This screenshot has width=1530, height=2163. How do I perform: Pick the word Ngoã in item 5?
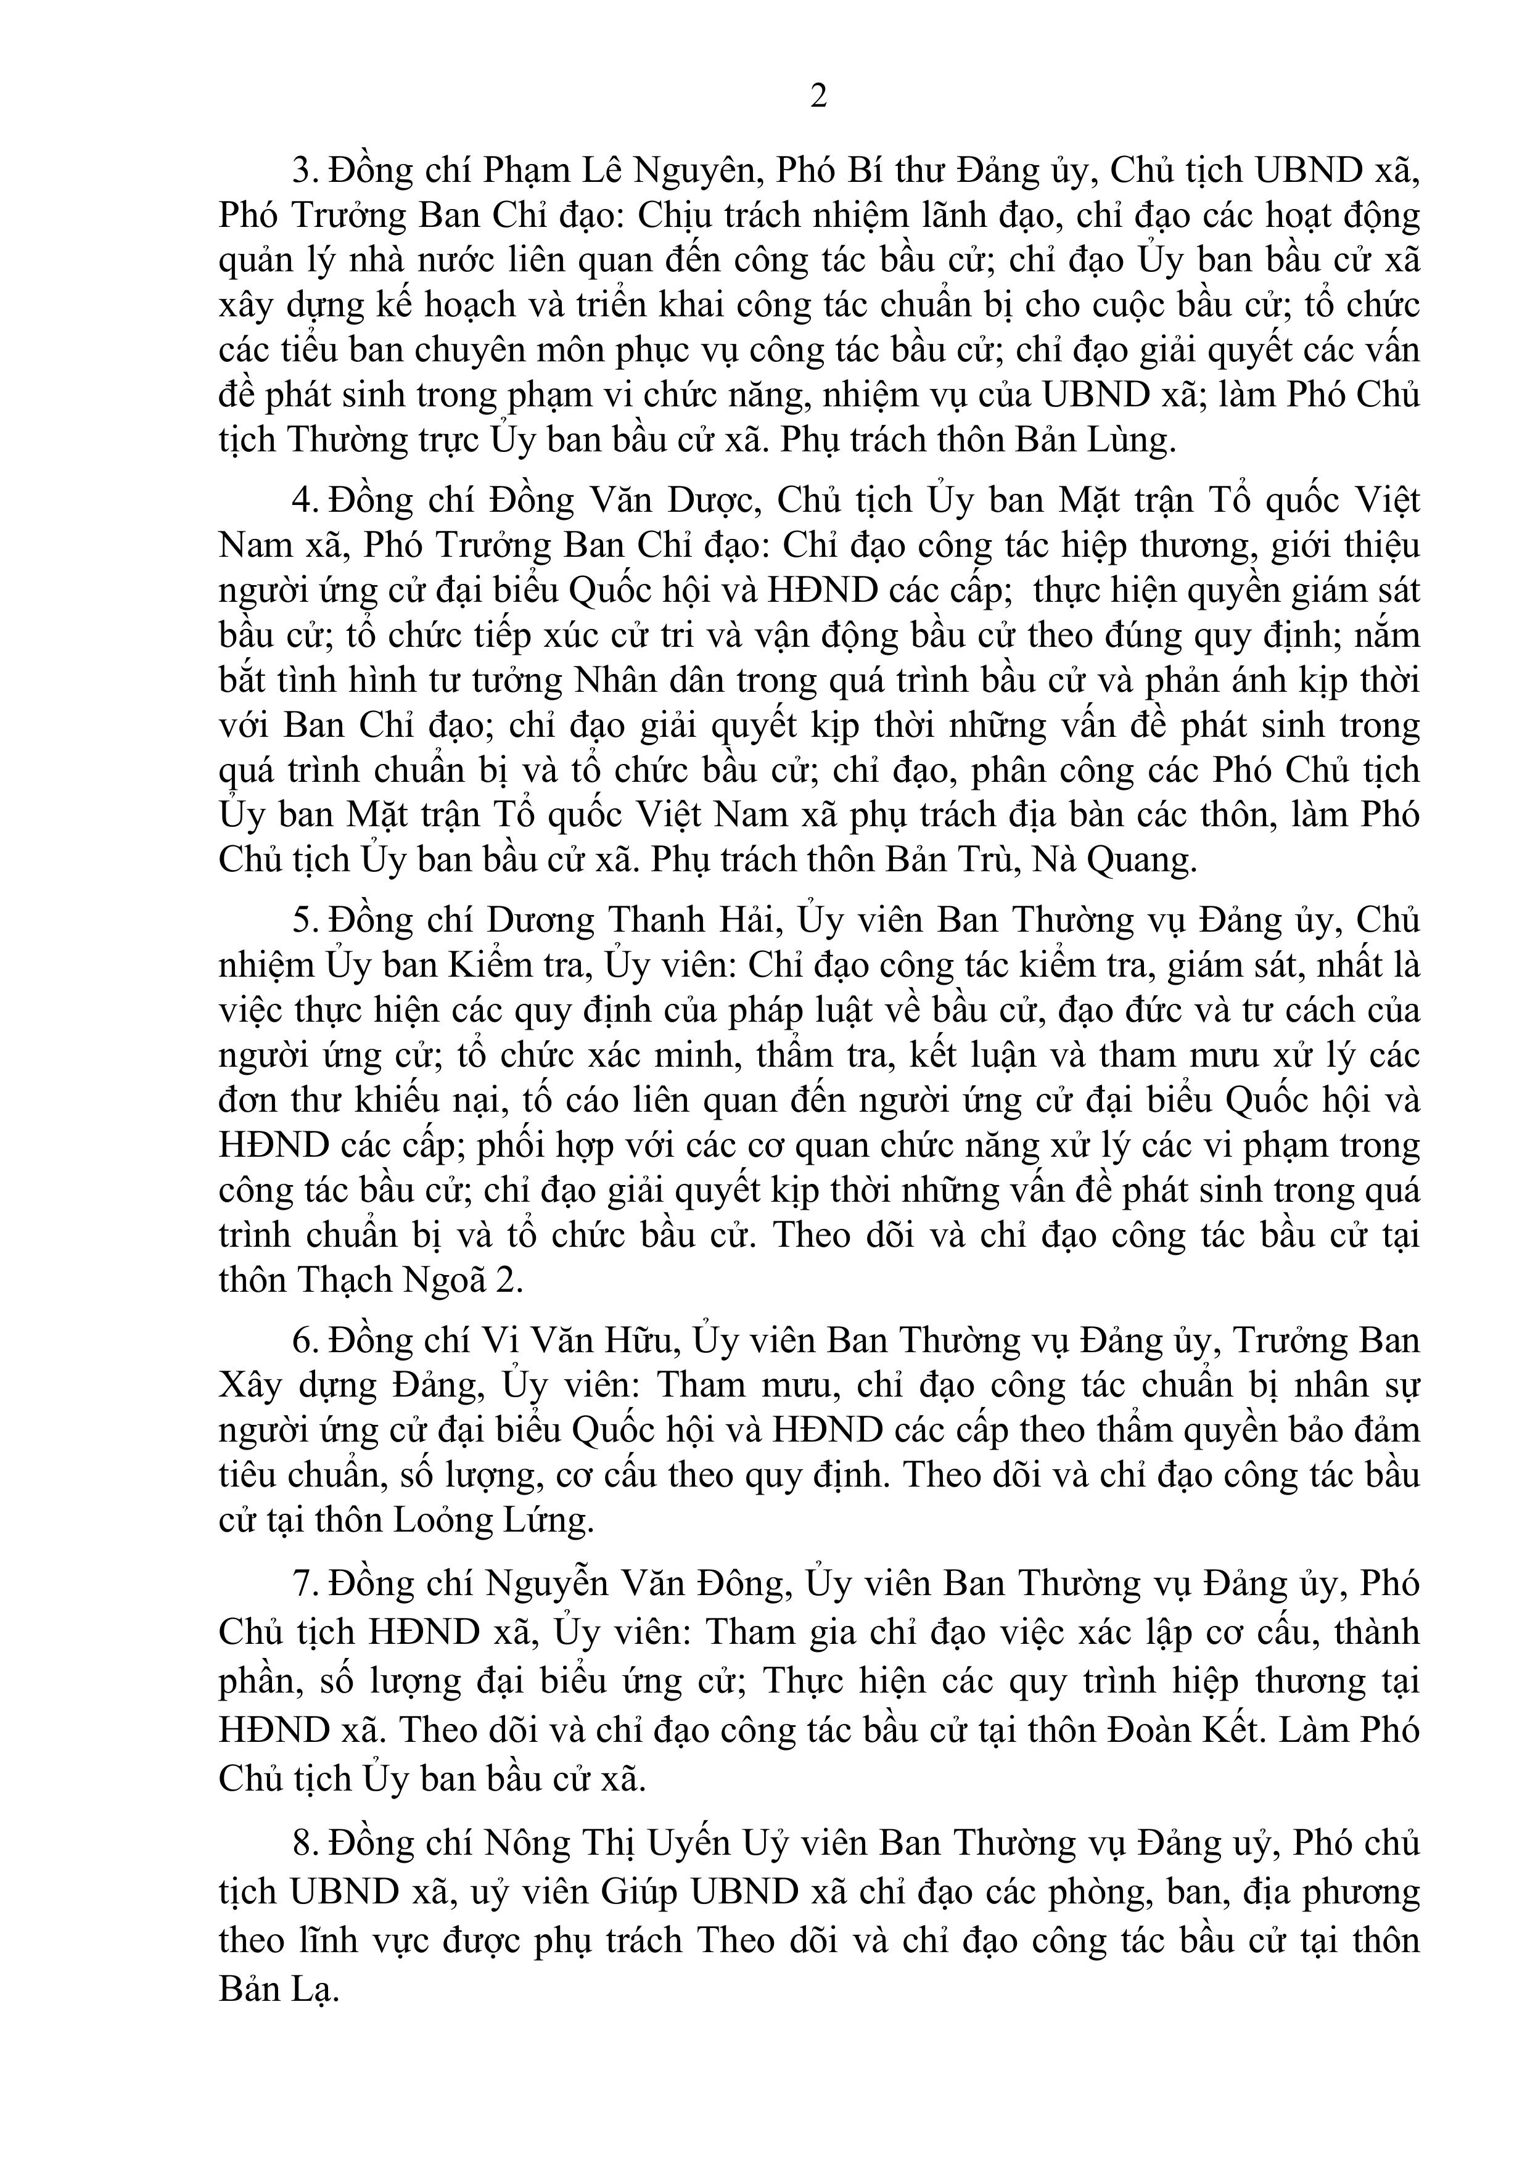point(439,1279)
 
